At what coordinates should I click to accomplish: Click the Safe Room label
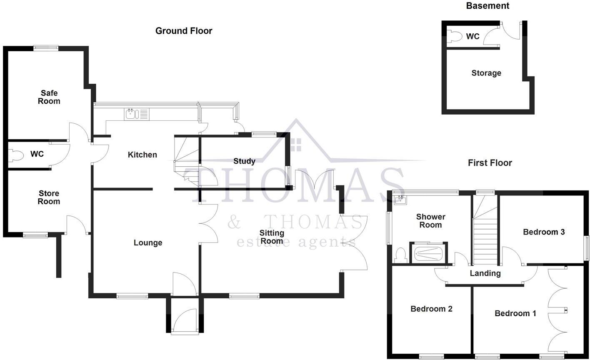[49, 97]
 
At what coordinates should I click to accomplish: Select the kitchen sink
[130, 113]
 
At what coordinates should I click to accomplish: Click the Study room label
[244, 161]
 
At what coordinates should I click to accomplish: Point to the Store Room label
[49, 197]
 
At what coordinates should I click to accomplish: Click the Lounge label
[148, 243]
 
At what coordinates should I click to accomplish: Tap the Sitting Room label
[272, 237]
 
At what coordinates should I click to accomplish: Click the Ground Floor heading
[184, 31]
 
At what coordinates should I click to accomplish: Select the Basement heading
[487, 6]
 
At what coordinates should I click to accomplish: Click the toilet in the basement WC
[454, 37]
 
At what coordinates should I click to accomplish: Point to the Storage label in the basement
[486, 73]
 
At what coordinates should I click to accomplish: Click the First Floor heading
[490, 163]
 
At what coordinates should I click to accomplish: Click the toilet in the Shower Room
[400, 255]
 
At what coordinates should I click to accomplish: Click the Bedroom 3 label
[544, 232]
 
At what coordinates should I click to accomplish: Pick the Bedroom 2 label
[431, 309]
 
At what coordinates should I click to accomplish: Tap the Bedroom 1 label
[515, 313]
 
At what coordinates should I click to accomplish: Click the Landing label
[485, 274]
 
